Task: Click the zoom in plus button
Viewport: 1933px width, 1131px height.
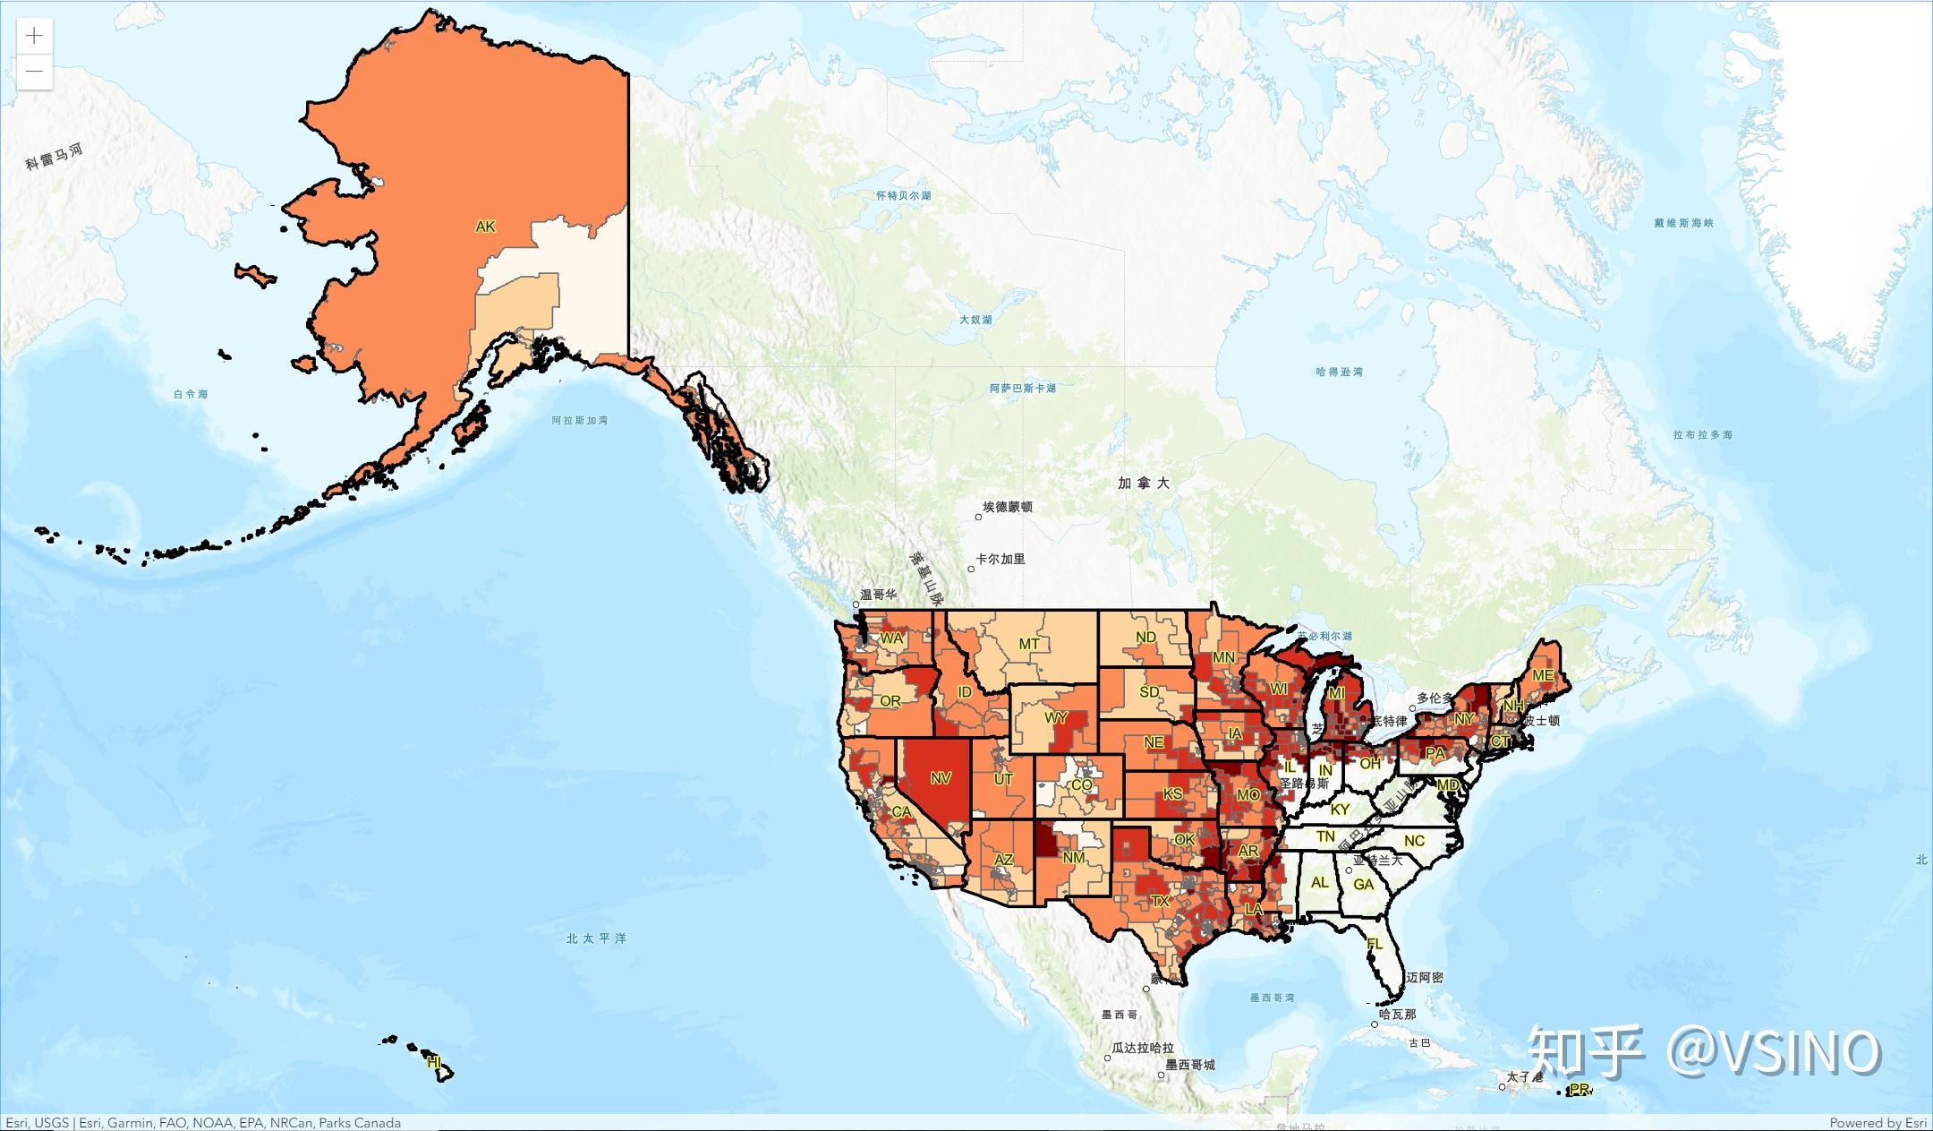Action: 34,36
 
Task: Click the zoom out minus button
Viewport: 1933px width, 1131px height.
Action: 34,72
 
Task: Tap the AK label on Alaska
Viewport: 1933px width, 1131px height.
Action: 485,227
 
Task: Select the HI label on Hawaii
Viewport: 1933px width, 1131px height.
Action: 434,1062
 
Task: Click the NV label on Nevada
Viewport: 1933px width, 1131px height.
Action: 941,778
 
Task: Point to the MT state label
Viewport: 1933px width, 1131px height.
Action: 1029,644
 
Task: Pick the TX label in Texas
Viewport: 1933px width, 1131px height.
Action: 1160,901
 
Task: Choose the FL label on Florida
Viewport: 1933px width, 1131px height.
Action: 1375,944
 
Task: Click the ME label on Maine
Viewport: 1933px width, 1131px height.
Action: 1543,675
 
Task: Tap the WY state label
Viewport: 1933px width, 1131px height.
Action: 1056,718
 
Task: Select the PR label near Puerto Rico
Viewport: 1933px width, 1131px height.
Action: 1580,1090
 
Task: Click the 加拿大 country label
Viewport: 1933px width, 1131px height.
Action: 1144,484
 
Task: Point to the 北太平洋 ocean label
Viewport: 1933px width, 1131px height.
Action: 596,938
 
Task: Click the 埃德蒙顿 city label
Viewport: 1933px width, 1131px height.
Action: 1008,507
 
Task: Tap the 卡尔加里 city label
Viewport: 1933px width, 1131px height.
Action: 1000,559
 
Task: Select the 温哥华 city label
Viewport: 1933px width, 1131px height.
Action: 877,594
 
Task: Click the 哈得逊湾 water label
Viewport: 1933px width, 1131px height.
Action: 1339,372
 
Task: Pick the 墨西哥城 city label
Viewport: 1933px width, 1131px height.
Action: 1190,1065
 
